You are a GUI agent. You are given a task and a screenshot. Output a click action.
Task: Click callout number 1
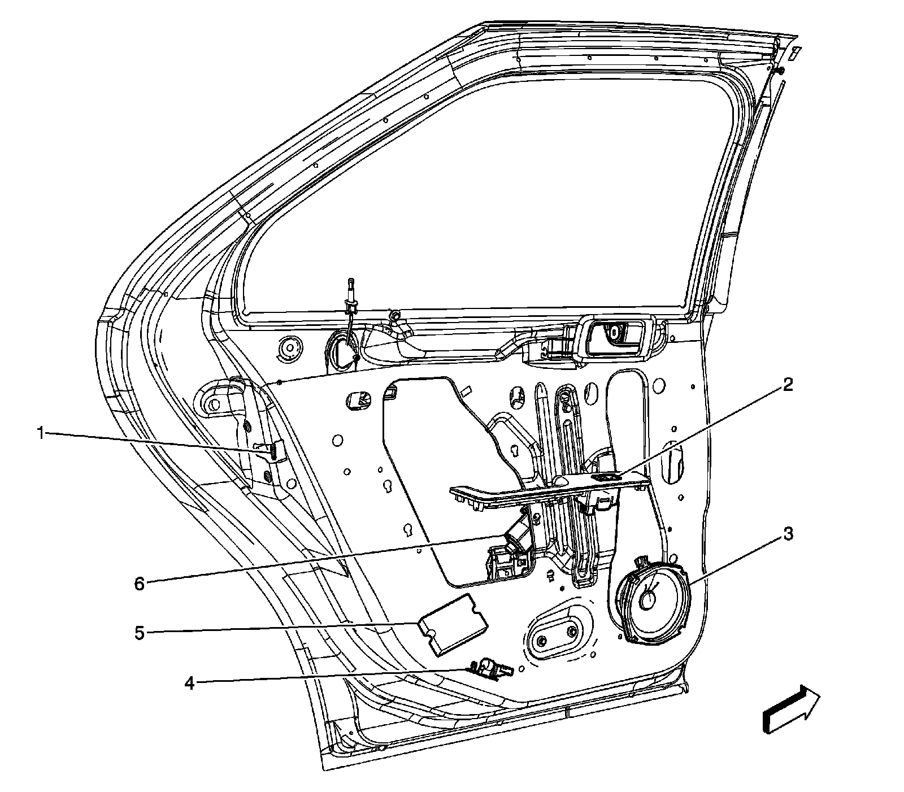[40, 433]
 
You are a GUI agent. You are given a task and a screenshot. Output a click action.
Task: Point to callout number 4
[190, 684]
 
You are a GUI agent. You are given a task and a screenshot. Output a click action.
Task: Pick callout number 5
[139, 633]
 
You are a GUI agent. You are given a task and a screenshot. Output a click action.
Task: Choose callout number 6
[139, 584]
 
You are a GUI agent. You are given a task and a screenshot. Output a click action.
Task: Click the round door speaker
[653, 599]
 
